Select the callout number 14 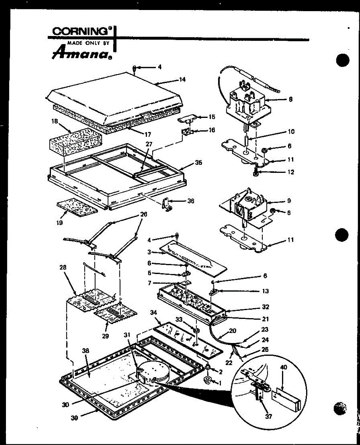pyautogui.click(x=182, y=80)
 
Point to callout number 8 pyautogui.click(x=291, y=99)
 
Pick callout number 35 pyautogui.click(x=199, y=163)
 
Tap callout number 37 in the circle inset pyautogui.click(x=269, y=416)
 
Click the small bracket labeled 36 pyautogui.click(x=166, y=205)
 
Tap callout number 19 pyautogui.click(x=59, y=223)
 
